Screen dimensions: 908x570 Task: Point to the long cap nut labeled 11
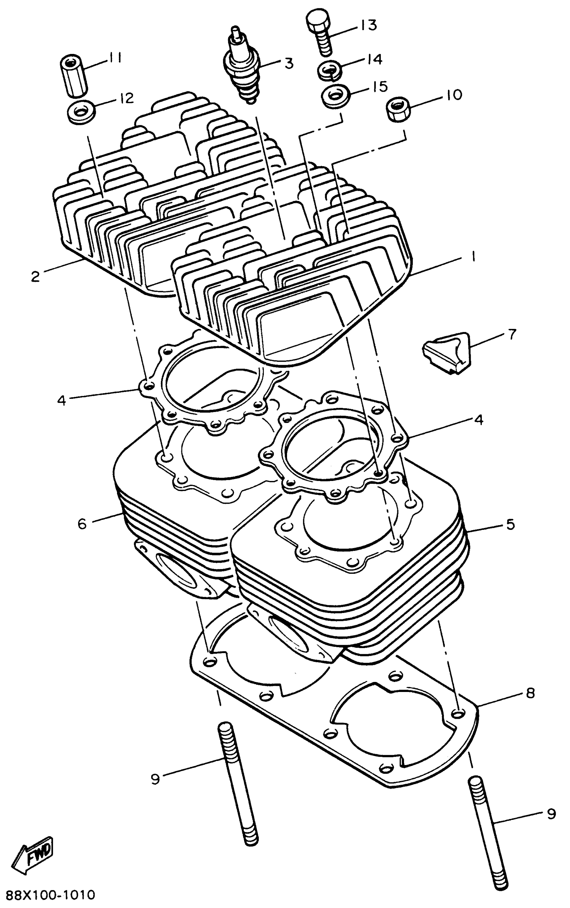(x=74, y=75)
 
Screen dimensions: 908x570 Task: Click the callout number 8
(x=530, y=693)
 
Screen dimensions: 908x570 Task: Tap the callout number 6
(x=82, y=523)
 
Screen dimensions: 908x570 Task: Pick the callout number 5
(x=510, y=524)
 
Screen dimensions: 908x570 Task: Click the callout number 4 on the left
(x=61, y=400)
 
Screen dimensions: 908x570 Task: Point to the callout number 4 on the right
(x=478, y=420)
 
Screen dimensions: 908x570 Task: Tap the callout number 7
(x=512, y=334)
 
